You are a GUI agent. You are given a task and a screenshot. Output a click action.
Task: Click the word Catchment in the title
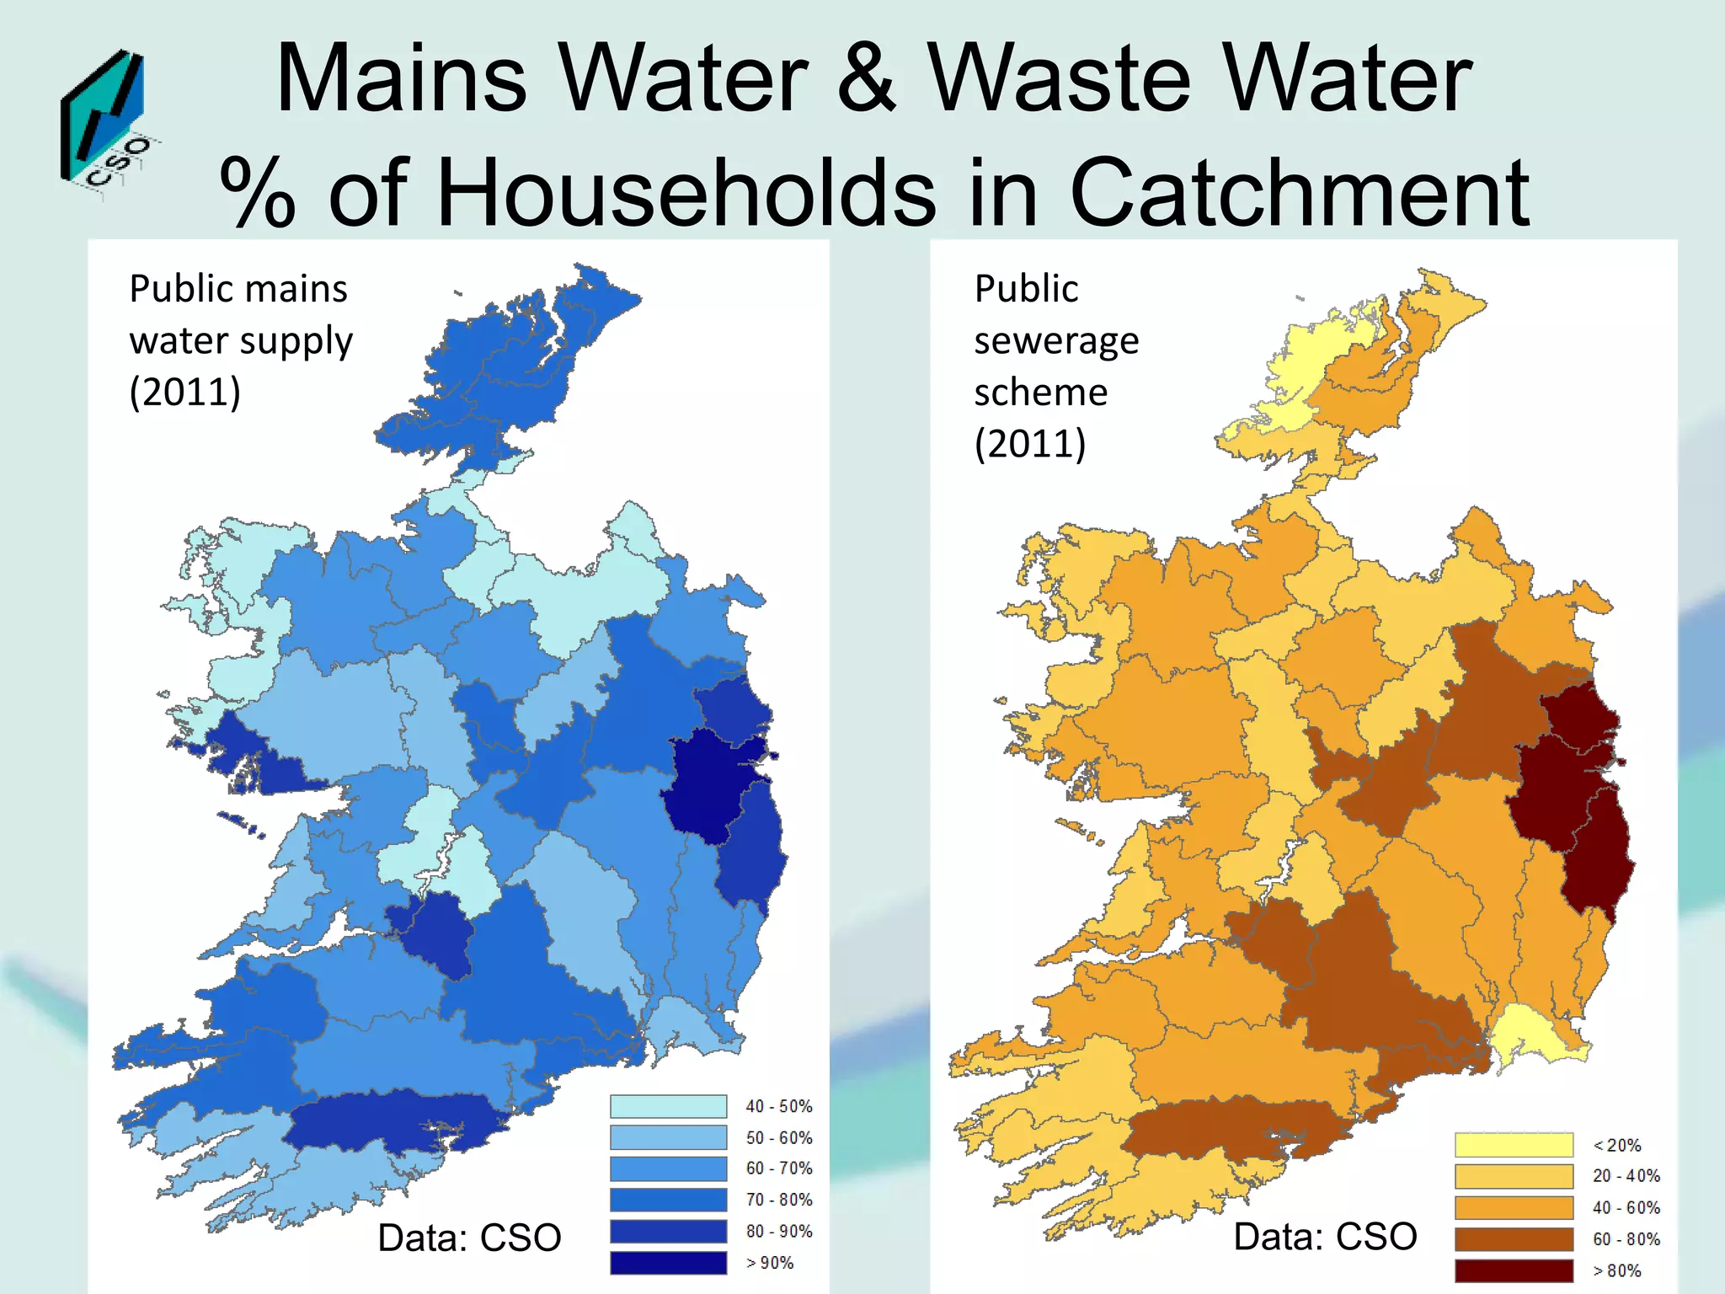click(1298, 193)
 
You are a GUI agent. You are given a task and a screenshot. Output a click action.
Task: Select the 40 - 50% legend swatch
click(668, 1106)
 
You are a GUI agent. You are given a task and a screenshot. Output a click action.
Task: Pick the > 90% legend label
click(770, 1263)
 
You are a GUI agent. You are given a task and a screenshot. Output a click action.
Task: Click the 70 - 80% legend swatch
click(668, 1200)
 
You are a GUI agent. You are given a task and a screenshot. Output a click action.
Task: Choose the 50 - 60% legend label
click(779, 1138)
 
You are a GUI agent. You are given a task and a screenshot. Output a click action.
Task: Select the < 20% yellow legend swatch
click(1514, 1145)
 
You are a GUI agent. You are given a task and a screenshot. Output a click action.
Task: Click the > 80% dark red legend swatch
click(1514, 1270)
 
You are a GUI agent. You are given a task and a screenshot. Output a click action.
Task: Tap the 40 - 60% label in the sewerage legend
click(1626, 1208)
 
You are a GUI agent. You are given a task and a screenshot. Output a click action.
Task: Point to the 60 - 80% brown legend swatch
click(1514, 1239)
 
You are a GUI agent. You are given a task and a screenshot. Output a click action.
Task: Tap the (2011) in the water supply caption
click(185, 392)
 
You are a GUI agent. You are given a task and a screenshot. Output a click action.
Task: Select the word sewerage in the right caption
click(1056, 341)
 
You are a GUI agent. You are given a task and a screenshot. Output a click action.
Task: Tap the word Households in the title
click(686, 193)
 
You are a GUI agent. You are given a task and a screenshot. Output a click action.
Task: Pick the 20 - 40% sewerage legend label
click(1626, 1176)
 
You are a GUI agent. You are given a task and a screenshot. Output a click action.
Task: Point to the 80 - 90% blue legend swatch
click(668, 1232)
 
